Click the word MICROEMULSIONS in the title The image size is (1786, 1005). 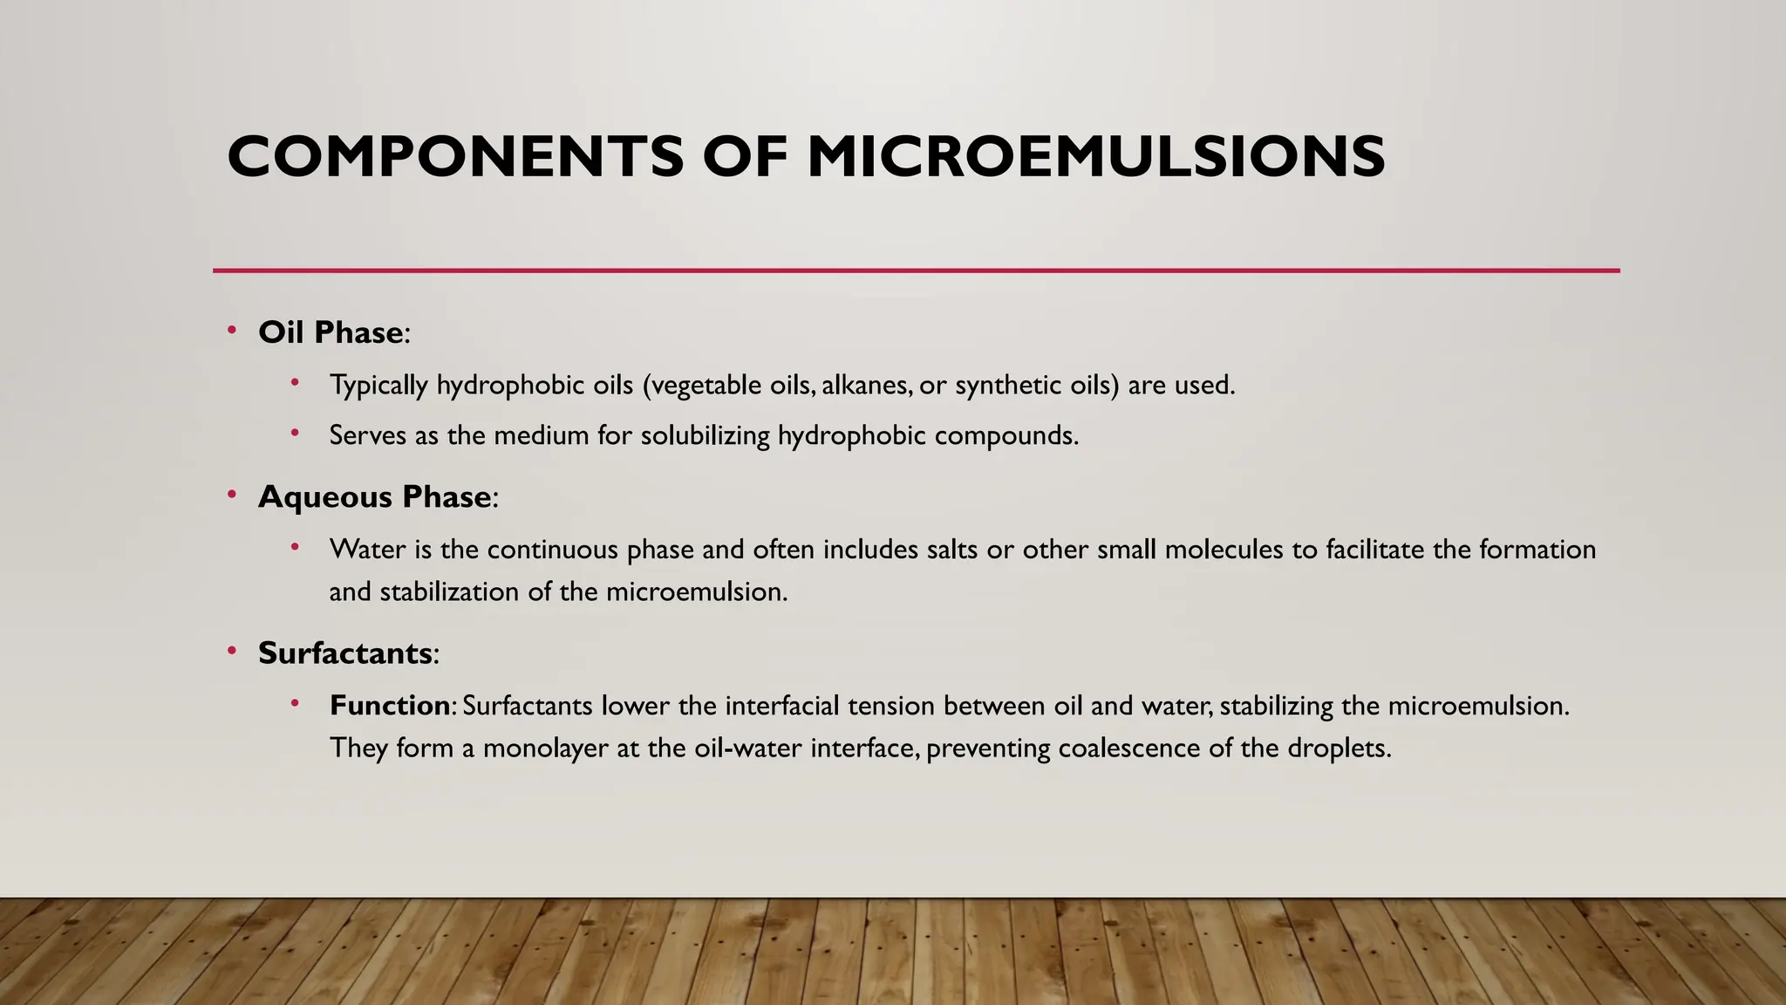(1095, 157)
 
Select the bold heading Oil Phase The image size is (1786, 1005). (331, 332)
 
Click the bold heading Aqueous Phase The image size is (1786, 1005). (375, 497)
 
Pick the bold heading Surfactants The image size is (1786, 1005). (345, 653)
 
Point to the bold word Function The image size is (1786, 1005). (389, 706)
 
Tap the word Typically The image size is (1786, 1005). (378, 386)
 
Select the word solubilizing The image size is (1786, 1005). (705, 435)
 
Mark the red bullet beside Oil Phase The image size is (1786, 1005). (232, 330)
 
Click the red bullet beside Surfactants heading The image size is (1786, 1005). (232, 651)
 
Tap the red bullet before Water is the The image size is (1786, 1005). (295, 547)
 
